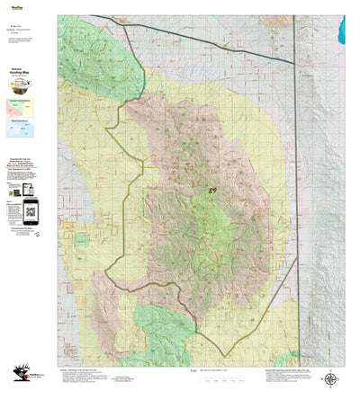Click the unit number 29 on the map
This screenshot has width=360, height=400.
(212, 191)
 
